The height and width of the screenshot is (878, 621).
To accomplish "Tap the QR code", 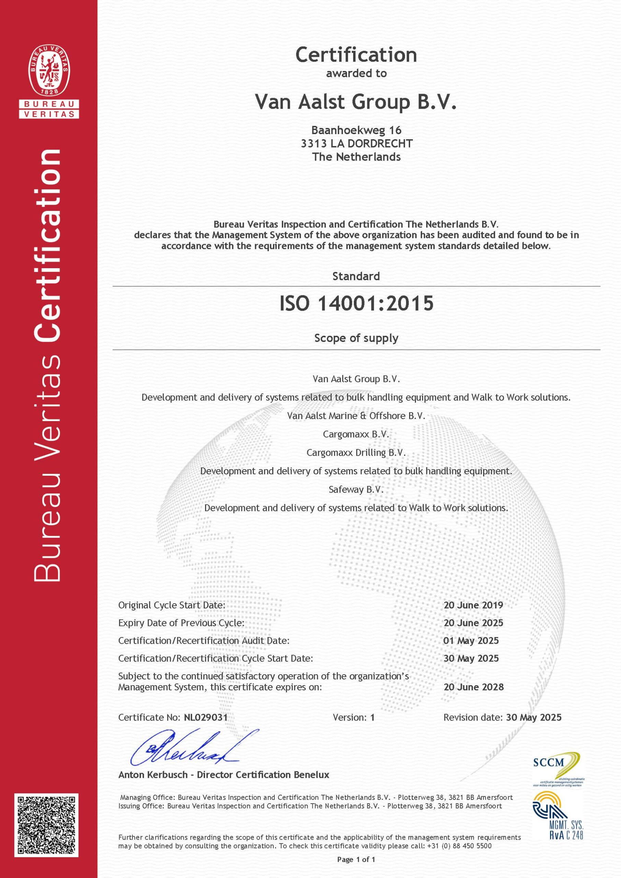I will [x=46, y=825].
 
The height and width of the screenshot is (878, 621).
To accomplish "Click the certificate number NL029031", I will [x=206, y=717].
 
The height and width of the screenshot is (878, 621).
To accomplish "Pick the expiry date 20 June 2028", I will [x=474, y=687].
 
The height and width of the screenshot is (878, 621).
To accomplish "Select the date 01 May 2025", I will [x=471, y=641].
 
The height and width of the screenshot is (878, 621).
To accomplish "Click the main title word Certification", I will [x=356, y=55].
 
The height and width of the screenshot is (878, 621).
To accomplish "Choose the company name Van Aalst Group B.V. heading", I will [x=356, y=102].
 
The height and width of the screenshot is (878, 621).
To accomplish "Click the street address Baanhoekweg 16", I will [x=356, y=130].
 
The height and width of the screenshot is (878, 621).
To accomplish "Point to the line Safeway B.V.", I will [x=356, y=489].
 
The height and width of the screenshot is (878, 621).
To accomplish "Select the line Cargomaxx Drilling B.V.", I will [x=356, y=453].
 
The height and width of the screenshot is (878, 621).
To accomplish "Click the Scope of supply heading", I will [x=356, y=338].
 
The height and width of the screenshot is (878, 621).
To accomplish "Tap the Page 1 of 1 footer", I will [x=356, y=859].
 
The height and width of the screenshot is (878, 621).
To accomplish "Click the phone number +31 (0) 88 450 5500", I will [x=458, y=846].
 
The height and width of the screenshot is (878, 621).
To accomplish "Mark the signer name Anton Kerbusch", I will [x=153, y=775].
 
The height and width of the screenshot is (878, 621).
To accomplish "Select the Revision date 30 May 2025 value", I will [x=534, y=717].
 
